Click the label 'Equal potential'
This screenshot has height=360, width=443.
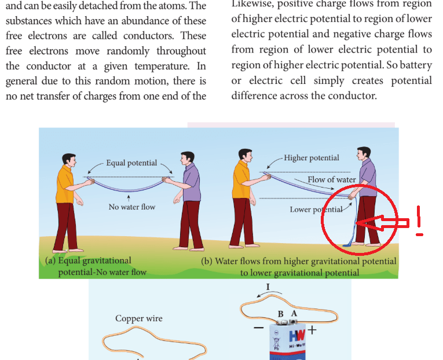point(131,163)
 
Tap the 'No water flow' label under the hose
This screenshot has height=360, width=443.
point(132,207)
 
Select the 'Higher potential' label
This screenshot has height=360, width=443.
point(312,158)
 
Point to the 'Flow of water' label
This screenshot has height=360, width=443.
point(331,179)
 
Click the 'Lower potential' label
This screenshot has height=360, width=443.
point(316,209)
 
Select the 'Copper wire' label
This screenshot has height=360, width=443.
point(139,318)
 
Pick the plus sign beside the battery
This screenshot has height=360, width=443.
point(313,330)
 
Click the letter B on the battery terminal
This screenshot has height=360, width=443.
point(281,314)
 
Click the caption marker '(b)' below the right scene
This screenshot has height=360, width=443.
point(207,261)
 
